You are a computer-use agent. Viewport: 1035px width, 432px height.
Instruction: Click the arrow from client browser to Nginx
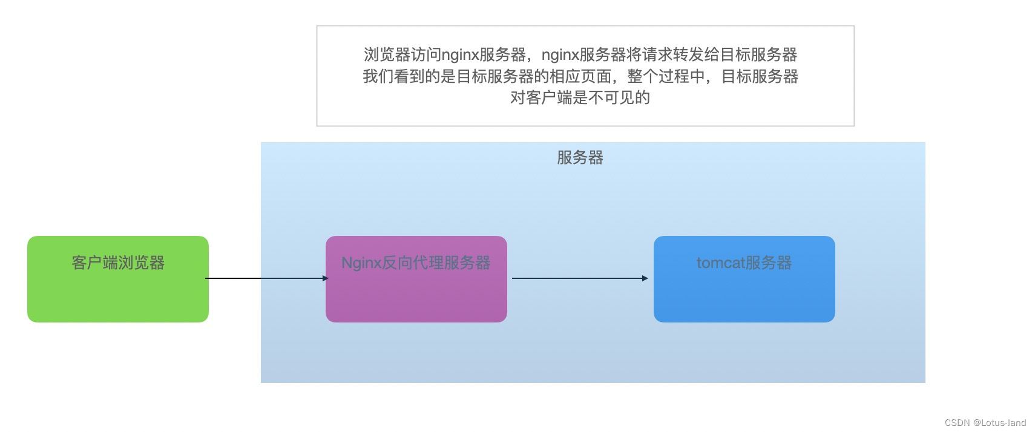tap(266, 278)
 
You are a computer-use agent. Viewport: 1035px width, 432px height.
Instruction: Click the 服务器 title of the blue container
tap(580, 158)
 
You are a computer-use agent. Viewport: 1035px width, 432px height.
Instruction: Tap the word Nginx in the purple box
tap(361, 263)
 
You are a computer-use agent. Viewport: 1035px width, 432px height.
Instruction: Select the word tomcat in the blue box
tap(720, 263)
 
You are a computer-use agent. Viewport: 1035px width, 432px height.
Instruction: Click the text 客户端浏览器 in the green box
tap(118, 263)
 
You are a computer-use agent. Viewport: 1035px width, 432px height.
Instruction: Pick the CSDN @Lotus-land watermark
tap(985, 423)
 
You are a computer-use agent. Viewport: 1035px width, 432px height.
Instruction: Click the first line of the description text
tap(580, 54)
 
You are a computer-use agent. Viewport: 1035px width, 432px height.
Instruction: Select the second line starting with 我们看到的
tap(580, 76)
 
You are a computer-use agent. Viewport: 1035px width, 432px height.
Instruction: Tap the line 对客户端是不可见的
tap(580, 97)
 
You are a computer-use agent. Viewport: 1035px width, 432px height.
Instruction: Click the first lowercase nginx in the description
tap(460, 55)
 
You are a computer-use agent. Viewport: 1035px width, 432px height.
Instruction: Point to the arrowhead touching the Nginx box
tap(326, 278)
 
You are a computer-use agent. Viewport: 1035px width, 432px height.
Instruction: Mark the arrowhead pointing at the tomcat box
tap(645, 278)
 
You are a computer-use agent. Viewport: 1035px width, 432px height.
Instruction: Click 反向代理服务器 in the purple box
tap(436, 263)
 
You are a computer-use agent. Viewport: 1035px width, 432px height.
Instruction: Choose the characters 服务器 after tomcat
tap(769, 263)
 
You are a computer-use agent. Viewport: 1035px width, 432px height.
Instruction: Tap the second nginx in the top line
tap(560, 55)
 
